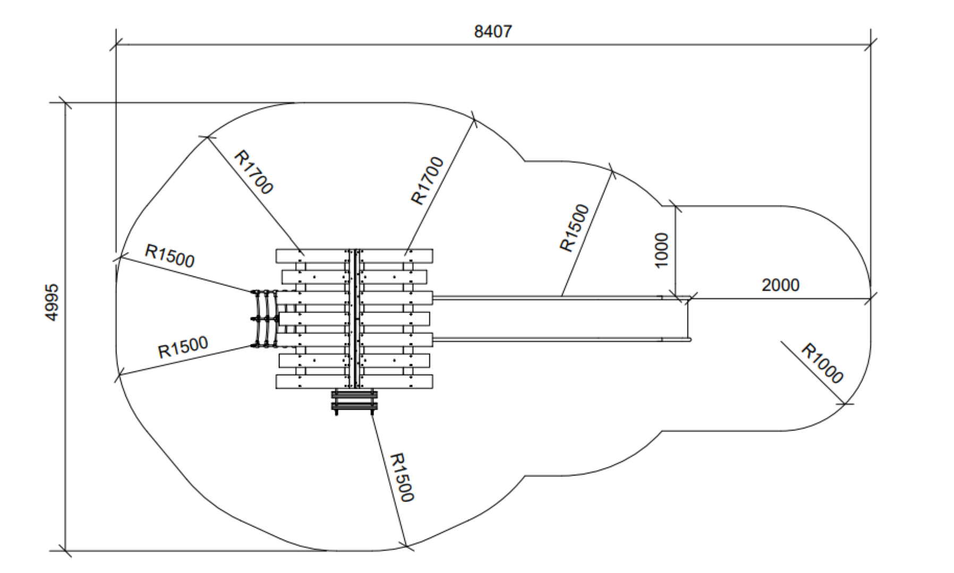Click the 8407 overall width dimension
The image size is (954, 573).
coord(493,32)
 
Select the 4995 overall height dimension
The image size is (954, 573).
coord(52,302)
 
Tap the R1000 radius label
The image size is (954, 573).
coord(822,363)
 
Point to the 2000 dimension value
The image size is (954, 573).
coord(780,285)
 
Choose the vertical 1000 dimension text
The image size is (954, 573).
coord(661,250)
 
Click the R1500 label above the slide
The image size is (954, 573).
coord(575,228)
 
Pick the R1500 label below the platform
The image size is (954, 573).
coord(402,477)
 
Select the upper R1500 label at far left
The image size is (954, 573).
coord(169,256)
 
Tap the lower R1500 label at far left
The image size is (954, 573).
coord(183,348)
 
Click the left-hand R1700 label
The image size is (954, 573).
coord(253,172)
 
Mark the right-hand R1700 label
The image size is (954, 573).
coord(427,180)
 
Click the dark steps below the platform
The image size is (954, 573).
coord(354,401)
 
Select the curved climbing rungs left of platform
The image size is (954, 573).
coord(264,318)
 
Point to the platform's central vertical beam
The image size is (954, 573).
coord(354,318)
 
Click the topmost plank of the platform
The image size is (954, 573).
coord(354,255)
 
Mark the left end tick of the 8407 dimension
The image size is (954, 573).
coord(116,45)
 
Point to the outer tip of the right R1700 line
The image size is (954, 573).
coord(474,120)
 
